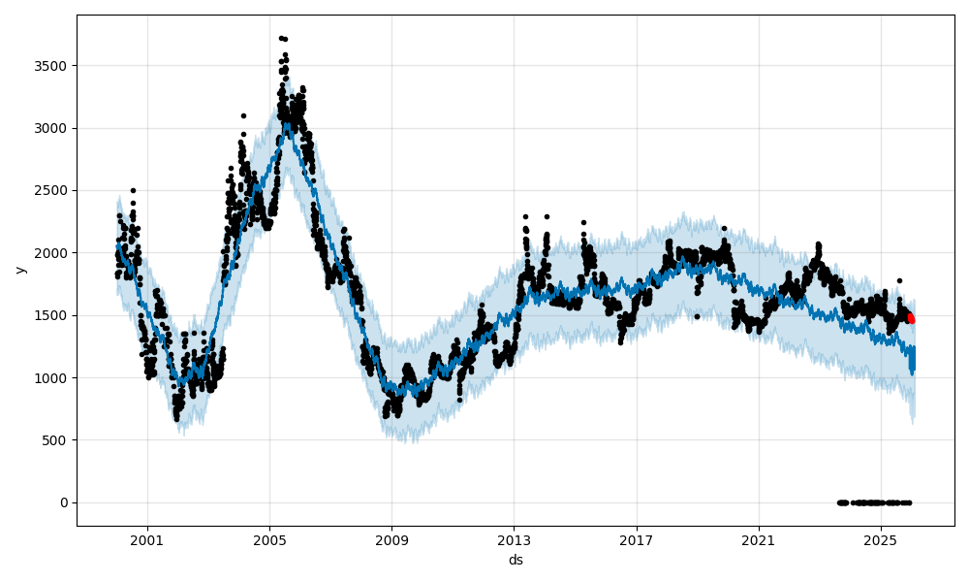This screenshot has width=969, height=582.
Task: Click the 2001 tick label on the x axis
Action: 146,539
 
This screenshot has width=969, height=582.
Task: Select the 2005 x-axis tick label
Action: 269,539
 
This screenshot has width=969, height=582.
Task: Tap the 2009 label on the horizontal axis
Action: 391,539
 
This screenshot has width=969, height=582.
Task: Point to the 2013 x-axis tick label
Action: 514,539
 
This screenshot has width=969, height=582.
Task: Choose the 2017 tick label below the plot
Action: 637,539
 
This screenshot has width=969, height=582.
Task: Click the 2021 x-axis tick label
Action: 759,539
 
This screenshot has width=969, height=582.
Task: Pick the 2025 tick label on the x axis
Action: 881,539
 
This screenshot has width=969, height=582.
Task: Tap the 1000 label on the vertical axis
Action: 55,378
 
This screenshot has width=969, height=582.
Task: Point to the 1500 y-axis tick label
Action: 55,315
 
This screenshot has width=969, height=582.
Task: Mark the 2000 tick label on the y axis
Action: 55,253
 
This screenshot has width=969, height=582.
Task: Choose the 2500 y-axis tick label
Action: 55,191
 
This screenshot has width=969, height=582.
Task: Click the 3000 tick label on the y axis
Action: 55,128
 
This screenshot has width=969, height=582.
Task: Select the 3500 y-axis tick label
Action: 55,66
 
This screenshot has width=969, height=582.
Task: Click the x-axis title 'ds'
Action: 516,560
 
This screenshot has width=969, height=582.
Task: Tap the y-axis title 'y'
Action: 18,270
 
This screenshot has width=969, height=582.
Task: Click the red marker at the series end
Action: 911,318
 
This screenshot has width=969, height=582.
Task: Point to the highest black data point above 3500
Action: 281,38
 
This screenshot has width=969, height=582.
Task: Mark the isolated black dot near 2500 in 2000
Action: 133,190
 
